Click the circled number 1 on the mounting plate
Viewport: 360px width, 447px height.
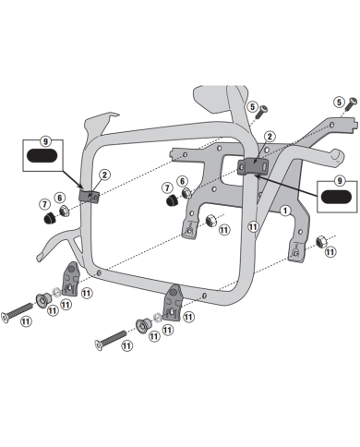coord(285,211)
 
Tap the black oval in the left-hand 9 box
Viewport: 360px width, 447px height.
coord(42,156)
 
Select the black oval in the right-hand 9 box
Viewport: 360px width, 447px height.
coord(336,197)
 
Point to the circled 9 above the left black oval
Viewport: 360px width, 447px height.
coord(45,141)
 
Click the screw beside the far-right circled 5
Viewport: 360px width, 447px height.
coord(352,104)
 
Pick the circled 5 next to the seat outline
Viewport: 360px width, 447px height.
coord(252,107)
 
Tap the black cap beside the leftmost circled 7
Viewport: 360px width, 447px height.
coord(49,218)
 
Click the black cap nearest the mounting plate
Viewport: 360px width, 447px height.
coord(172,200)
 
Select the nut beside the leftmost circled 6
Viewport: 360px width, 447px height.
coord(64,211)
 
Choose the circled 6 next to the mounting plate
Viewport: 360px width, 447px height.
coord(182,182)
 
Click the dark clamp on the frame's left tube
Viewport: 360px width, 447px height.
coord(90,196)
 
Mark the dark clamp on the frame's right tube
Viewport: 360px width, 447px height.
coord(253,166)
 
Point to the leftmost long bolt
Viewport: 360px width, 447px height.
coord(18,313)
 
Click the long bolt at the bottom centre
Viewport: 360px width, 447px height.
coord(111,341)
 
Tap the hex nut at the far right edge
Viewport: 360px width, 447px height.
coord(321,241)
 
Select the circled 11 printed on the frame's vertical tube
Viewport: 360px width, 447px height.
coord(253,227)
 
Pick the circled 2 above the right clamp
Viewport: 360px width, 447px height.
coord(270,137)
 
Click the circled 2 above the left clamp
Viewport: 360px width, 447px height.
coord(104,175)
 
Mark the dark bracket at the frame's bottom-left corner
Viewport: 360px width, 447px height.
coord(71,279)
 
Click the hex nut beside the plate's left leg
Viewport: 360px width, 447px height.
coord(210,221)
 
